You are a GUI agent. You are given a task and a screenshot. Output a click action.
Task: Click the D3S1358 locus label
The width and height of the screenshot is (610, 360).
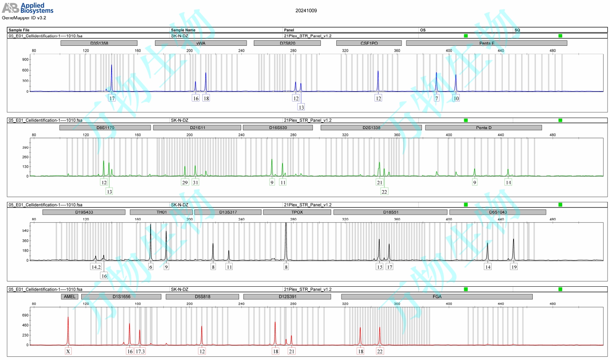click(99, 43)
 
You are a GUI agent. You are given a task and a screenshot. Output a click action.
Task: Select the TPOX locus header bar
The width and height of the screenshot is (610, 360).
click(297, 212)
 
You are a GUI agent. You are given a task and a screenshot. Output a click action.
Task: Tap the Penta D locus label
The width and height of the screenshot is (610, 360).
click(483, 128)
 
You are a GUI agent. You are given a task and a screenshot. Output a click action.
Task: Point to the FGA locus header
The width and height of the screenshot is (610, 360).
click(437, 297)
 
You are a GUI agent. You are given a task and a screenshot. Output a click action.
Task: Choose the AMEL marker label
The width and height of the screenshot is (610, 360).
click(70, 297)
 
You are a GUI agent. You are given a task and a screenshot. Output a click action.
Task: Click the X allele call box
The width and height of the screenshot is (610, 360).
click(68, 351)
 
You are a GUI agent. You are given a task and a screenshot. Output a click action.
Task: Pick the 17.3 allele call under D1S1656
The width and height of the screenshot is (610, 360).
click(140, 351)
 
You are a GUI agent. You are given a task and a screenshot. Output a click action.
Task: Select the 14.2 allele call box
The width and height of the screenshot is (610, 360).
click(96, 267)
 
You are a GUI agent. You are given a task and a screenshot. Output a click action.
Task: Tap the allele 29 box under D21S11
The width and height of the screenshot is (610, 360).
click(185, 182)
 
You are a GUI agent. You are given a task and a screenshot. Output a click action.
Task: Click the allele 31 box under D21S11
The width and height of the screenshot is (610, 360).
click(195, 182)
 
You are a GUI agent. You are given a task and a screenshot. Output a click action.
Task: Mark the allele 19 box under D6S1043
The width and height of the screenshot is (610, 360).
click(514, 267)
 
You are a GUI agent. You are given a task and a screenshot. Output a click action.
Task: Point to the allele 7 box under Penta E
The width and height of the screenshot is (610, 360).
click(437, 98)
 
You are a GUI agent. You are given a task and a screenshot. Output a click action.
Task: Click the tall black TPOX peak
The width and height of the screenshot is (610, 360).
click(286, 239)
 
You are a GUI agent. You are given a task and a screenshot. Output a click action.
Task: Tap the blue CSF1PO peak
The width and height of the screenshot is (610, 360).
click(378, 80)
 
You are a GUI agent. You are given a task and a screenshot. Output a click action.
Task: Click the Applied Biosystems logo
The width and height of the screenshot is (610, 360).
click(28, 8)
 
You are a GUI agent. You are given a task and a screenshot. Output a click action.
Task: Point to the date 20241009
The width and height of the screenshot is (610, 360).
click(306, 11)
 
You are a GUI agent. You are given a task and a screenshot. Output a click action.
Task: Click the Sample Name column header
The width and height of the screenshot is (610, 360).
click(183, 30)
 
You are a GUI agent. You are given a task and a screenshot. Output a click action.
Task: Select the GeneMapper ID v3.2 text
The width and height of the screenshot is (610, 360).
click(24, 18)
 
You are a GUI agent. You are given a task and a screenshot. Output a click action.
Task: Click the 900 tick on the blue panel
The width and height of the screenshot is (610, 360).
click(25, 60)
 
